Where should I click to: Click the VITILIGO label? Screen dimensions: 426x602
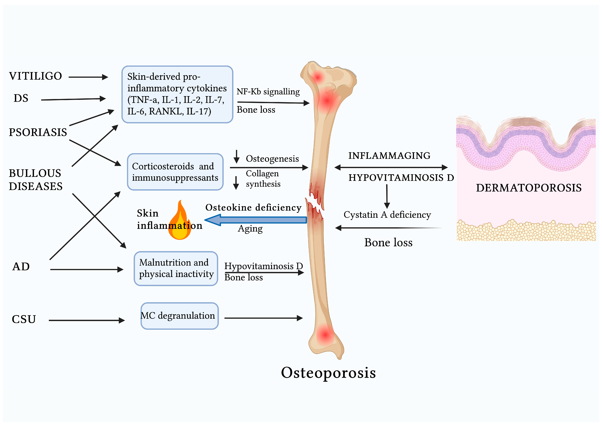click(35, 76)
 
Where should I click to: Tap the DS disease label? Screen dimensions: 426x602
click(21, 98)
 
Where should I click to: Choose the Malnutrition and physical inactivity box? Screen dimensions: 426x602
click(176, 268)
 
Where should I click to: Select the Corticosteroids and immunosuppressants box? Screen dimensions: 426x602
click(175, 172)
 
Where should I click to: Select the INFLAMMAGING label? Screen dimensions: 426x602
click(389, 155)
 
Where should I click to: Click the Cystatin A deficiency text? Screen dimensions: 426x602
click(387, 215)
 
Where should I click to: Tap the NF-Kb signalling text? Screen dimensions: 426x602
click(268, 91)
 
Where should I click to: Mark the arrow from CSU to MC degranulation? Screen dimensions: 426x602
click(87, 320)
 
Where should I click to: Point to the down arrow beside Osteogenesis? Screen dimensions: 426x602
click(236, 157)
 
